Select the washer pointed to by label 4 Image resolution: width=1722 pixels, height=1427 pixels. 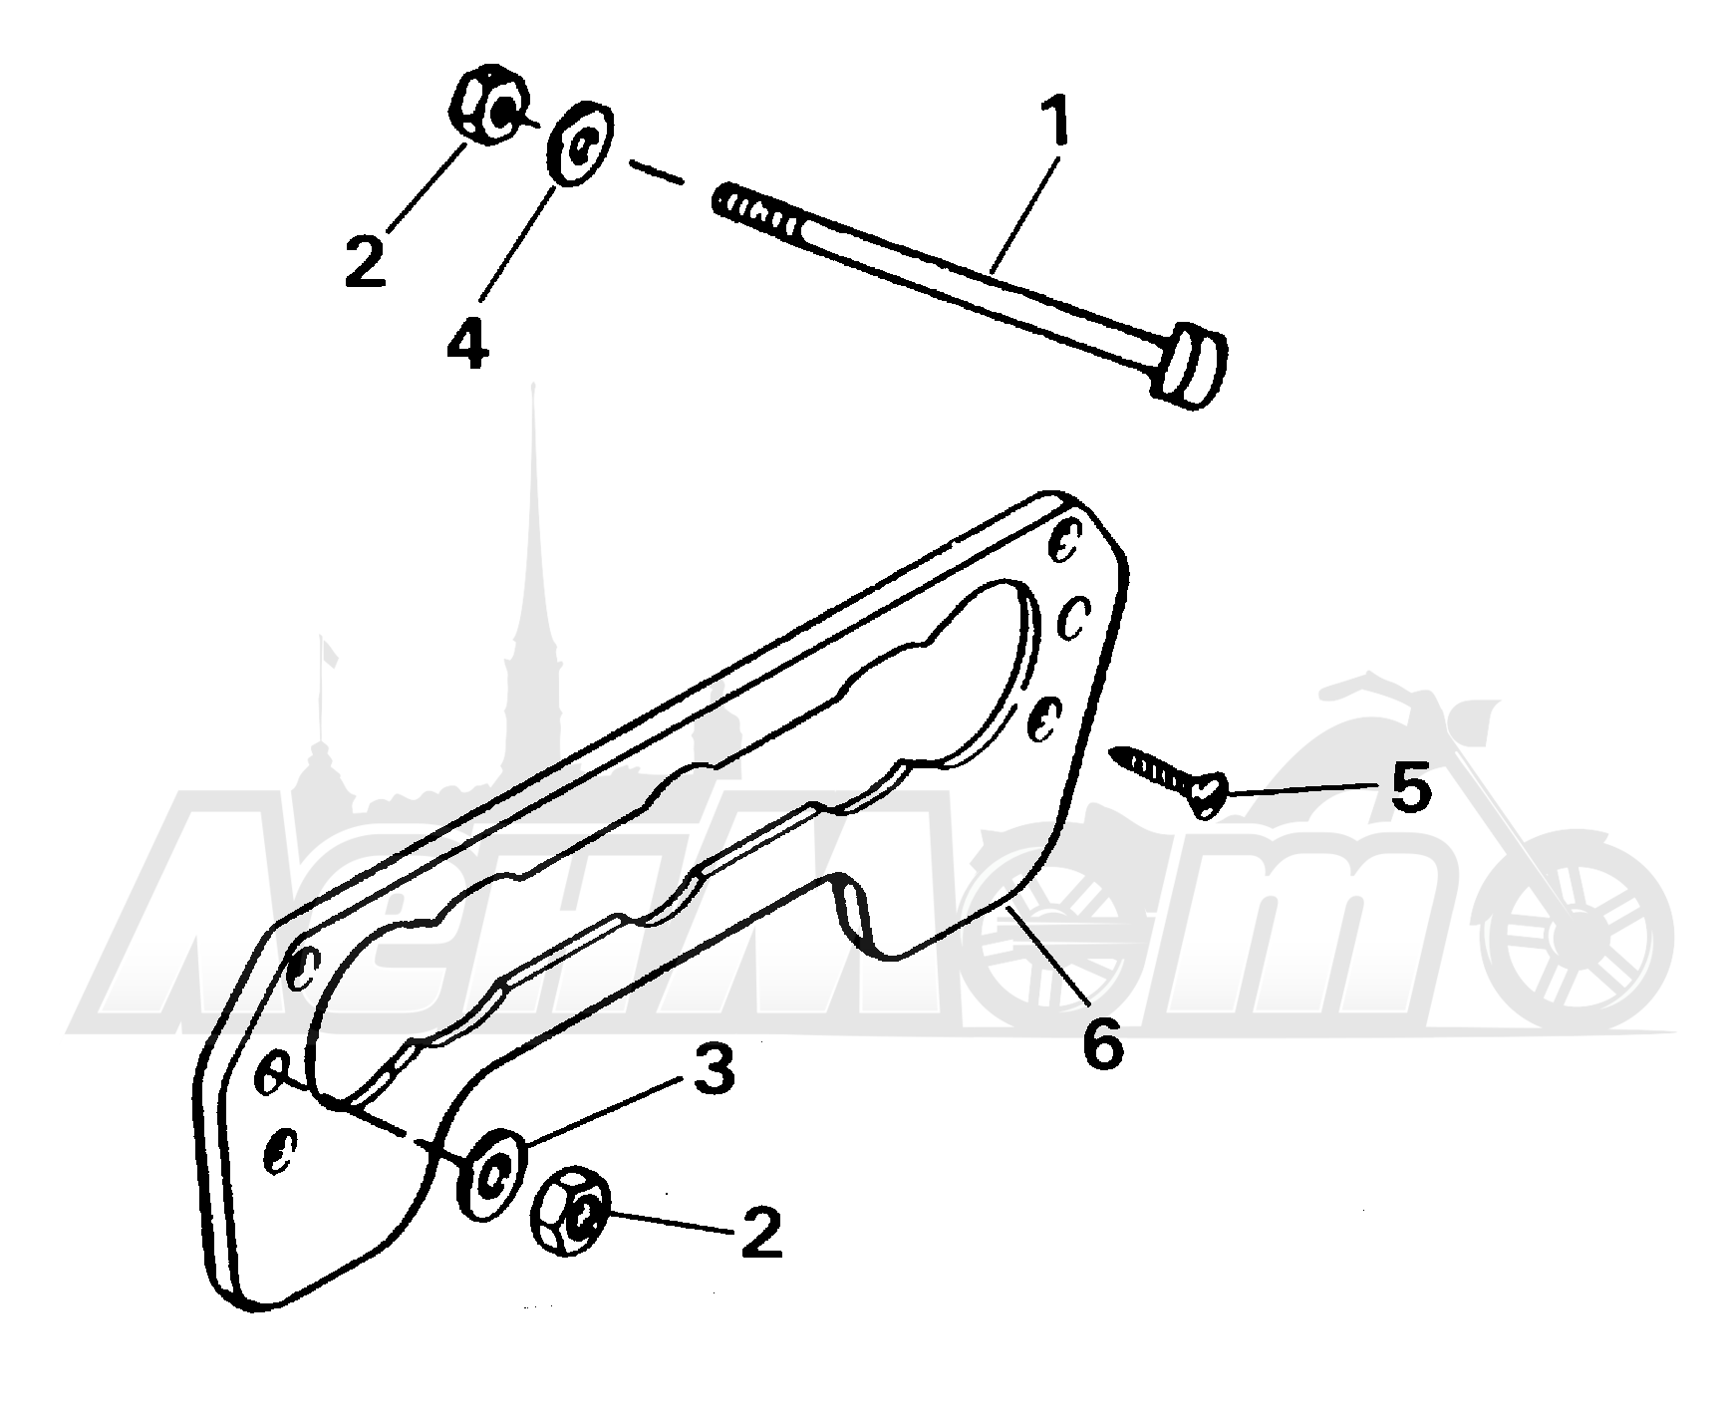[580, 143]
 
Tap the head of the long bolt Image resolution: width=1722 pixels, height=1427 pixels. [1190, 363]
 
